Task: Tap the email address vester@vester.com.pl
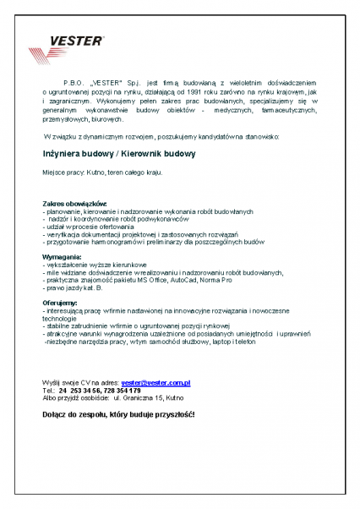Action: pyautogui.click(x=155, y=383)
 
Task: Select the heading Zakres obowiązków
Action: pyautogui.click(x=74, y=204)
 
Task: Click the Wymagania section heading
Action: pyautogui.click(x=62, y=255)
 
